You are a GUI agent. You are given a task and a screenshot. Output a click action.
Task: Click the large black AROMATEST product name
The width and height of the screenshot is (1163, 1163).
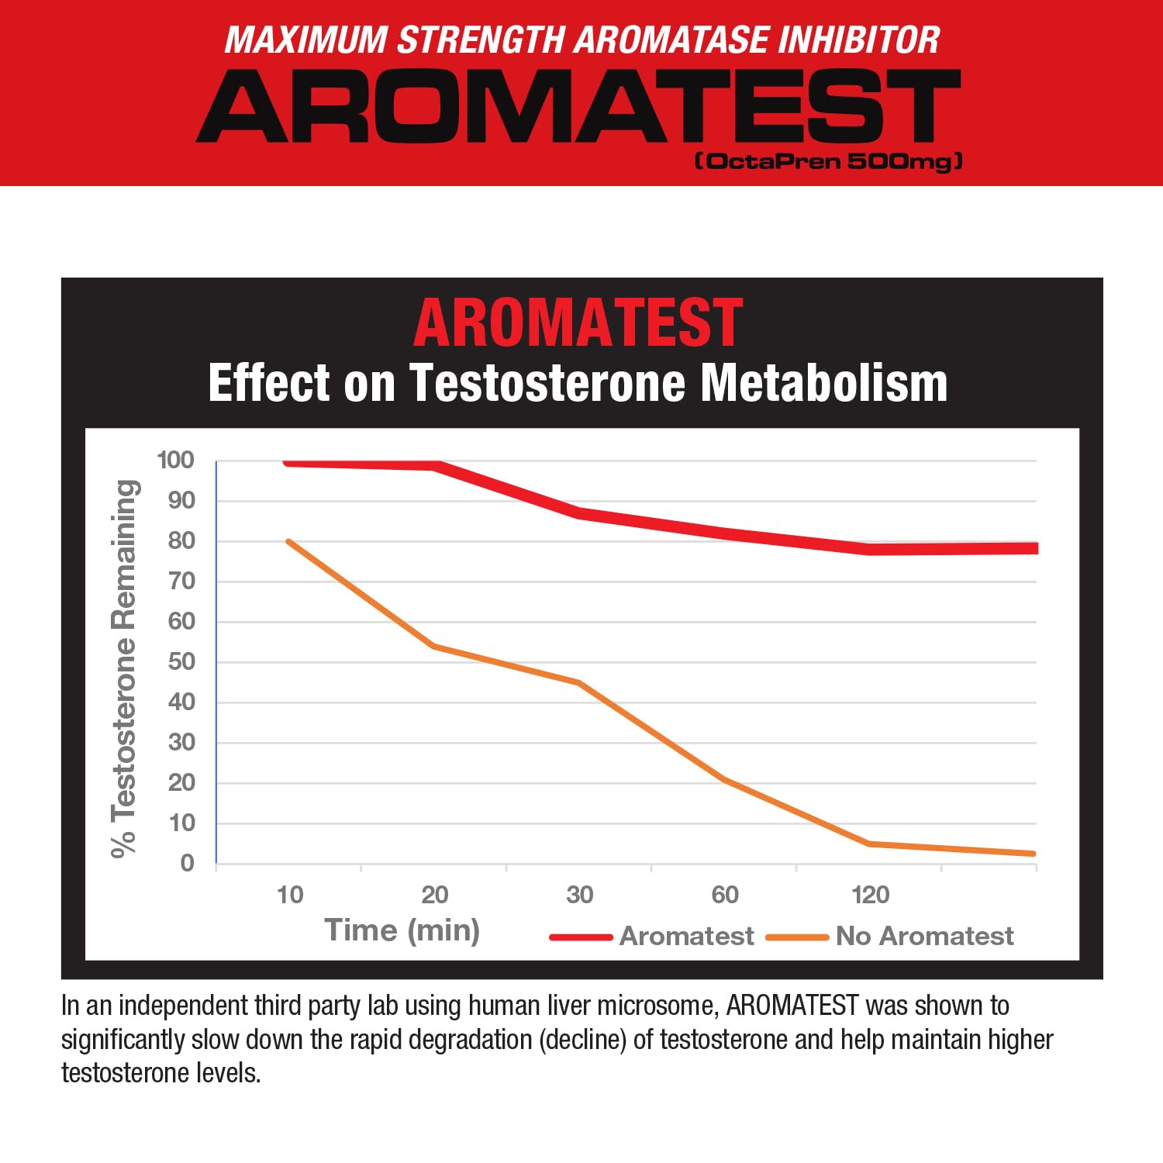578,105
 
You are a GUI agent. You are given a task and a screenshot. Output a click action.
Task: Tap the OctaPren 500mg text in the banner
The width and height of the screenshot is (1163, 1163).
829,161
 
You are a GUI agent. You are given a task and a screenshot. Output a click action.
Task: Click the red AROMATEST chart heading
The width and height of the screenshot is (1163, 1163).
578,323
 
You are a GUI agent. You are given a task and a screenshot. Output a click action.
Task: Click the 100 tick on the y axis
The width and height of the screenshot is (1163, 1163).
175,460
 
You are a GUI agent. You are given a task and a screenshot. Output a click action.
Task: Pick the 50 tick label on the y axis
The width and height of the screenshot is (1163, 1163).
181,661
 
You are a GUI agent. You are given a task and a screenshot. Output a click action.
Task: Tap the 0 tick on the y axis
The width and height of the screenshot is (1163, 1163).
187,863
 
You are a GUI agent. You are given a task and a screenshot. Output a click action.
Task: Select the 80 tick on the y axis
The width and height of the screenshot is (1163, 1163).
181,540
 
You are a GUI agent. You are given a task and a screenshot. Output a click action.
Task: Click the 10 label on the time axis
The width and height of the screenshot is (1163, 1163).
290,895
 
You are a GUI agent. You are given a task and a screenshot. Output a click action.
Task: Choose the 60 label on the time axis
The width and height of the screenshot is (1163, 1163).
725,895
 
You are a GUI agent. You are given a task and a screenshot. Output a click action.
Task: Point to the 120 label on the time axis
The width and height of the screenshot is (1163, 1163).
870,895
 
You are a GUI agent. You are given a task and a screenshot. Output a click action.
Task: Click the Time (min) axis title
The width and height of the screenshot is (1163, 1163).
402,930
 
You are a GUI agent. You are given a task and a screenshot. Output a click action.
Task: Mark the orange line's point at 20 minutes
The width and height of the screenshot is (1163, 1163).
434,646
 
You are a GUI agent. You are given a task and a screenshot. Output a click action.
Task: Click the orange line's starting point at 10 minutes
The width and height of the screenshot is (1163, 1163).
288,541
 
